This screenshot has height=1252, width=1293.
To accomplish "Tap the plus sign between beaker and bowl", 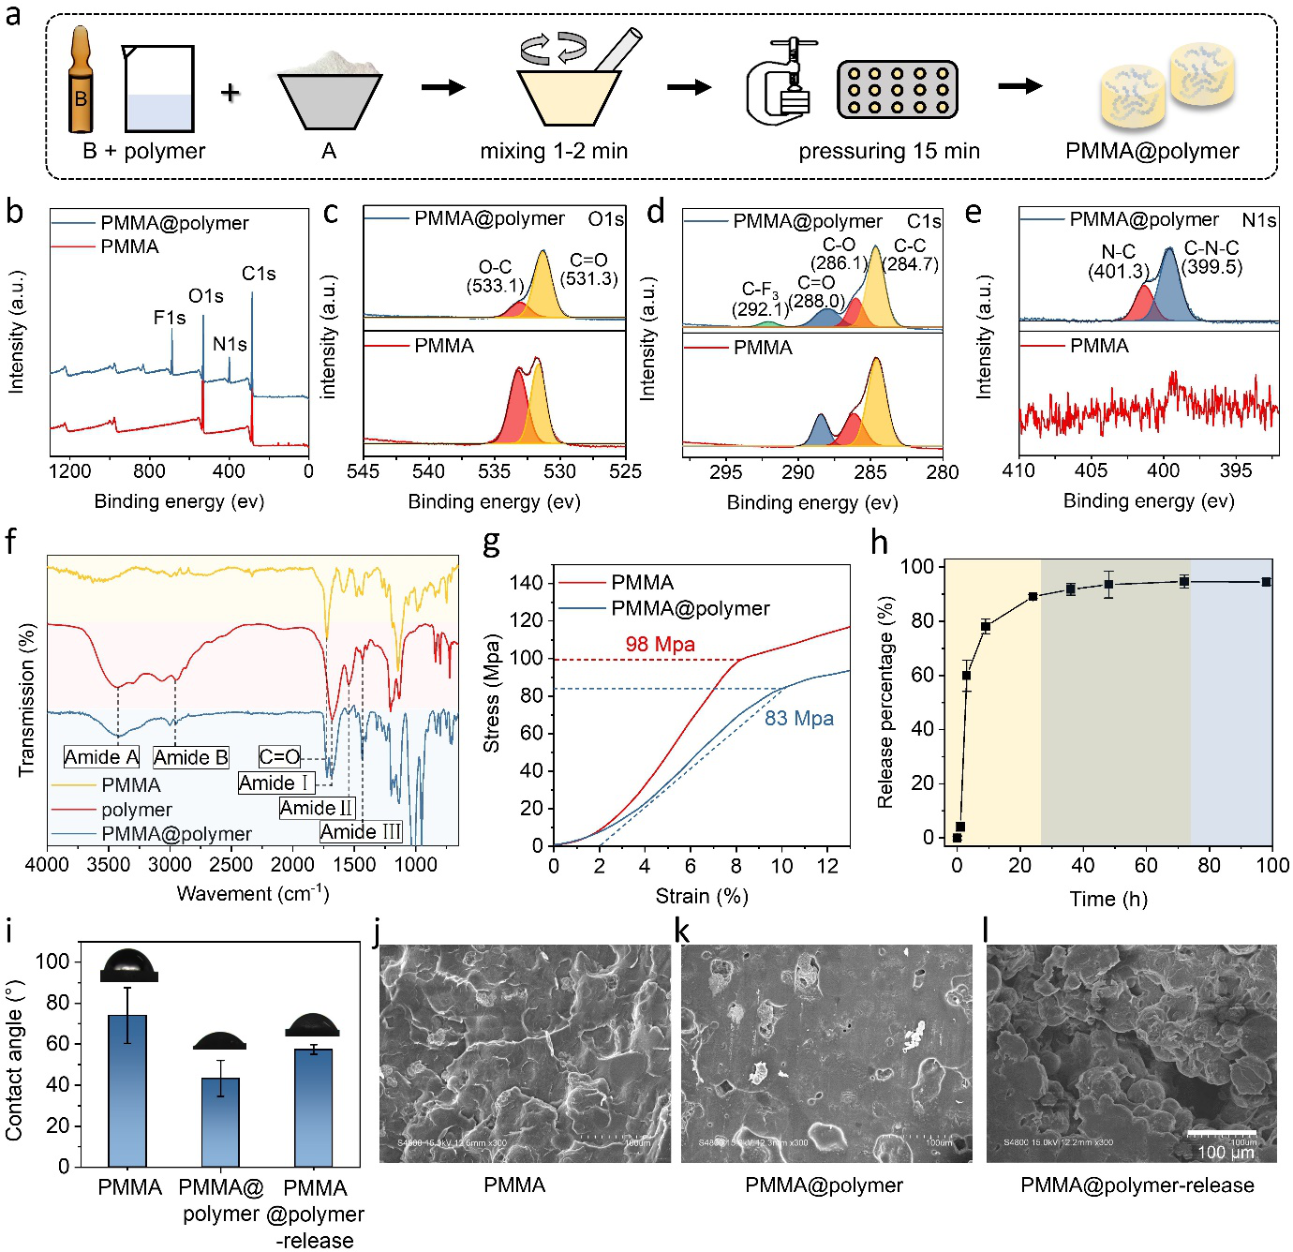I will [230, 92].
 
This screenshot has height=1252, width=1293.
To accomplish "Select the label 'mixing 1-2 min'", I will [554, 151].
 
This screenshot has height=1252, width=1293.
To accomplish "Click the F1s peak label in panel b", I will [170, 318].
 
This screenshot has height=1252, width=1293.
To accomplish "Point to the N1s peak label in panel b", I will [230, 344].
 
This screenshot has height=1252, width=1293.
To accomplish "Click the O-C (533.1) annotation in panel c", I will [495, 276].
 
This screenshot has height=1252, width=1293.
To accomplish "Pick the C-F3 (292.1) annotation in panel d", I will [761, 299].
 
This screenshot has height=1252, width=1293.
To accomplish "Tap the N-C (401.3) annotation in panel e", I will [1118, 261].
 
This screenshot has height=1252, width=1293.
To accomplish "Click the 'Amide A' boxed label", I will [101, 757].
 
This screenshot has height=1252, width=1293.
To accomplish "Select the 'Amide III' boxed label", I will [361, 832].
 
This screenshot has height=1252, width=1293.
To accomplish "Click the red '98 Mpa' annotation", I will [661, 644].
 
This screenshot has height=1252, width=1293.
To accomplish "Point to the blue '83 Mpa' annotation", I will [799, 718].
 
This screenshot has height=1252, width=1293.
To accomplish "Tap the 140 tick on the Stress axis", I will [526, 583].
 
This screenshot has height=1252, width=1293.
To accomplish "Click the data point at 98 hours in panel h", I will [1266, 582].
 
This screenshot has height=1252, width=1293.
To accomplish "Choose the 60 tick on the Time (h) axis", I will [1146, 864].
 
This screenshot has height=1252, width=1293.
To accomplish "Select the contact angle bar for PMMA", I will [127, 1090].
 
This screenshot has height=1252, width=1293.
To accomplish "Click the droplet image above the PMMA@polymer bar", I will [220, 1040].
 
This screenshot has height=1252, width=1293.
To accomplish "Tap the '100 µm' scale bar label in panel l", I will [1225, 1153].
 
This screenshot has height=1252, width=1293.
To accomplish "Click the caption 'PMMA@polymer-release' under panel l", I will [1137, 1185].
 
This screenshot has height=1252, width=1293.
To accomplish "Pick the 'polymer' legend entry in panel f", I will [137, 810].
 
